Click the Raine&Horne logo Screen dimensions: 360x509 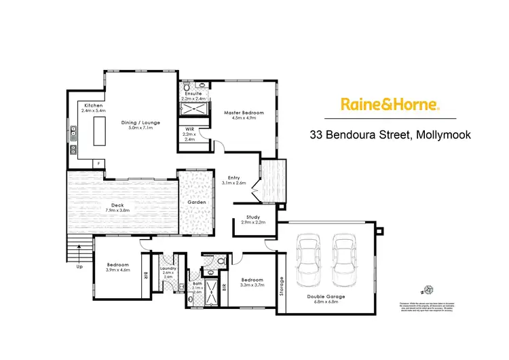point(390,105)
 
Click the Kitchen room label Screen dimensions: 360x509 point(94,105)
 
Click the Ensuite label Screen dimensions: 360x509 point(193,94)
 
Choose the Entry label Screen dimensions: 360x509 point(234,178)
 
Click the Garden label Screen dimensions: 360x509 point(195,202)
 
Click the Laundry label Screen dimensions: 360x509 point(168,268)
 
